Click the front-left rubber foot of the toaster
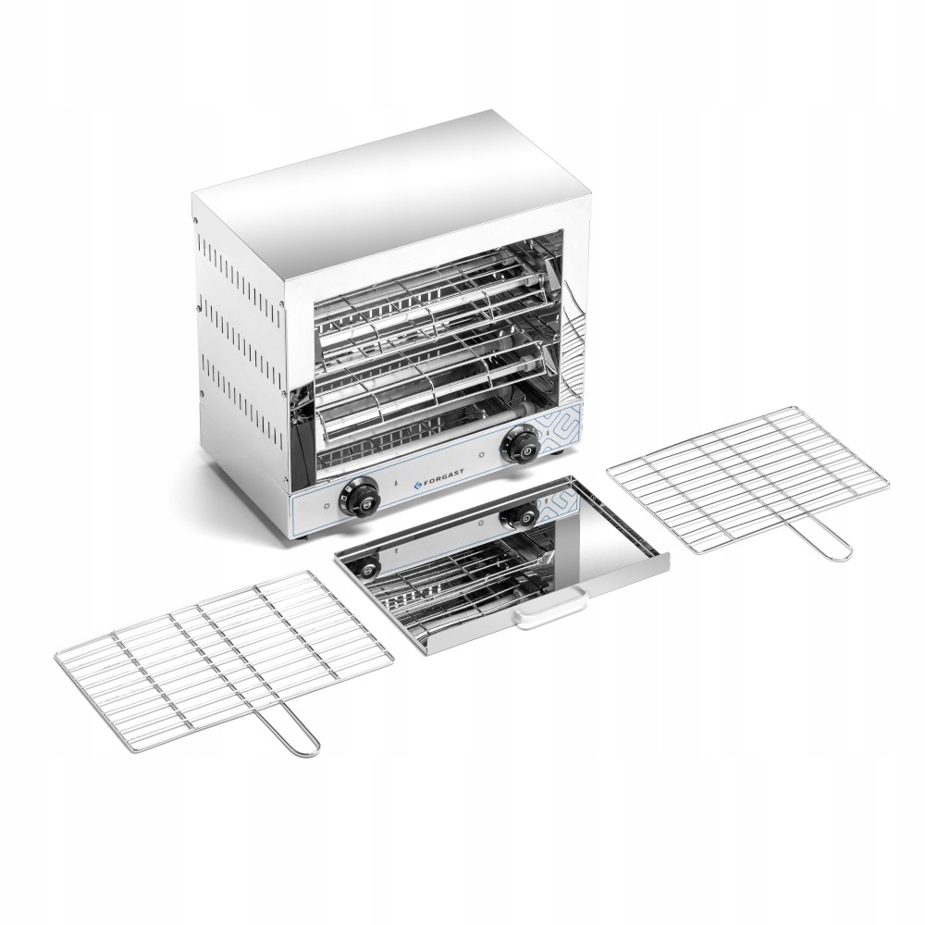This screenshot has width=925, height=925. click(x=304, y=536)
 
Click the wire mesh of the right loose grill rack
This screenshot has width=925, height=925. click(x=758, y=476)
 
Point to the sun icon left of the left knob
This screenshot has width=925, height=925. click(x=325, y=507)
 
